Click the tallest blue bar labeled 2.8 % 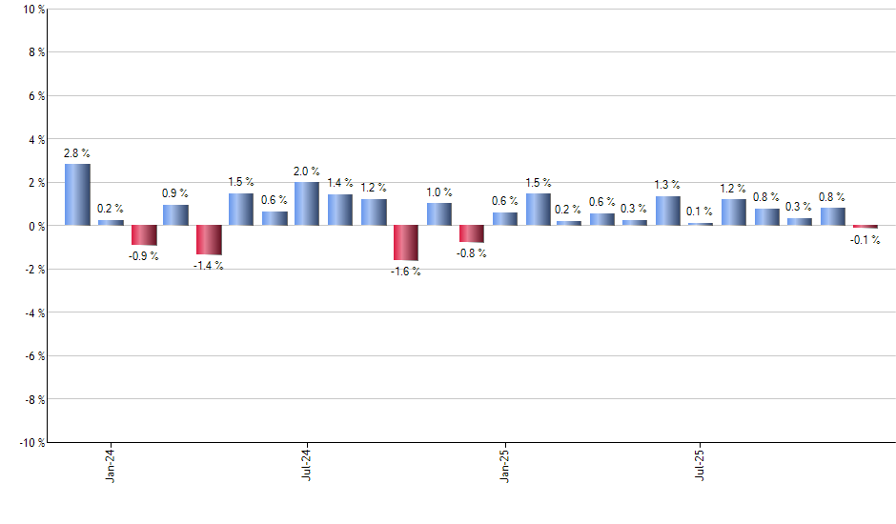pyautogui.click(x=77, y=195)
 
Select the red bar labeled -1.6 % pyautogui.click(x=406, y=243)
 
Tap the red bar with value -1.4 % pyautogui.click(x=209, y=240)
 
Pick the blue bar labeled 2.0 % pyautogui.click(x=307, y=204)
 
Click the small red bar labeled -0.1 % pyautogui.click(x=865, y=227)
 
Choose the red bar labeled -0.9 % pyautogui.click(x=143, y=235)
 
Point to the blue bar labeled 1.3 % pyautogui.click(x=668, y=212)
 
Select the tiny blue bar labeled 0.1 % pyautogui.click(x=701, y=224)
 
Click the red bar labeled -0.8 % pyautogui.click(x=472, y=234)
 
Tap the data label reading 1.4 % pyautogui.click(x=339, y=182)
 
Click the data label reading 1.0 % pyautogui.click(x=438, y=191)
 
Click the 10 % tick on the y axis pyautogui.click(x=31, y=10)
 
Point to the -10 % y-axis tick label pyautogui.click(x=30, y=443)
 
